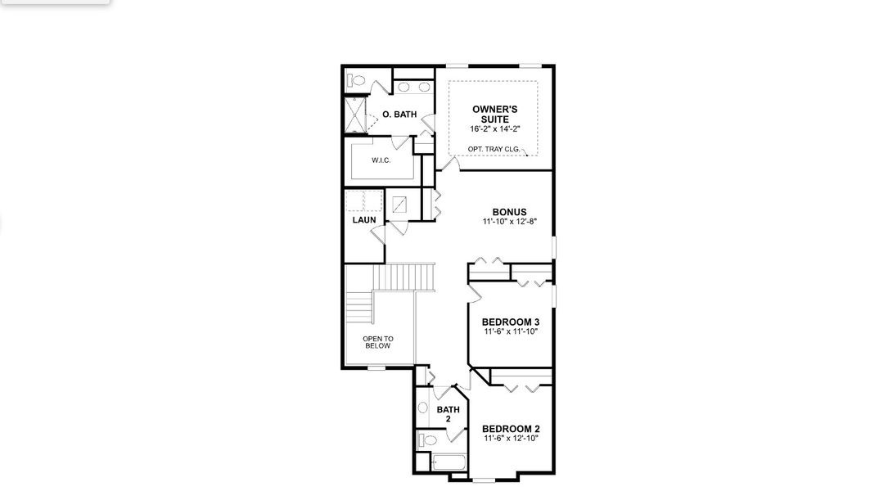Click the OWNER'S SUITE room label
tap(494, 114)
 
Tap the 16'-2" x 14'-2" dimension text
tap(494, 129)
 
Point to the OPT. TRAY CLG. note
tap(493, 149)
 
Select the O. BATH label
tap(399, 115)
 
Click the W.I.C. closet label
tap(381, 160)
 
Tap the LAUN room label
tap(364, 220)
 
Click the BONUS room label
tap(509, 212)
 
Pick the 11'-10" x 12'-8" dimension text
tap(509, 222)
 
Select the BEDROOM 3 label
tap(510, 322)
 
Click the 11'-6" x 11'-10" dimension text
tap(510, 332)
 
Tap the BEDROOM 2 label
tap(510, 429)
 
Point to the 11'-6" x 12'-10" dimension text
tap(510, 439)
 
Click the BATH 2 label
tap(448, 414)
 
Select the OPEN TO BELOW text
tap(377, 342)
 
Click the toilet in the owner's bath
tap(357, 81)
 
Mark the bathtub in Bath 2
tap(448, 464)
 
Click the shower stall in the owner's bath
tap(354, 115)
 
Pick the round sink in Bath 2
tap(423, 408)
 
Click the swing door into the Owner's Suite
tap(445, 160)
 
